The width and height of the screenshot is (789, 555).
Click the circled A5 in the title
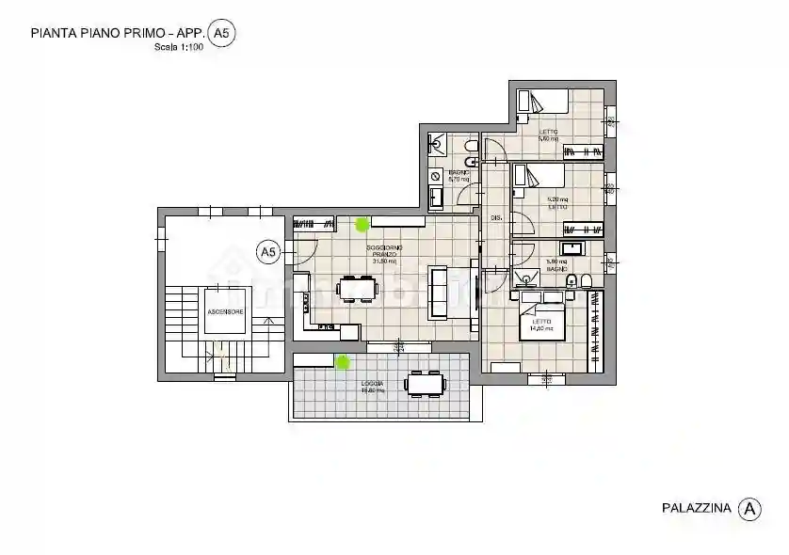(220, 34)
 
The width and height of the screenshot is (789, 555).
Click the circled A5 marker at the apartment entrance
(268, 251)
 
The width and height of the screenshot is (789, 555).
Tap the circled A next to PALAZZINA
(749, 509)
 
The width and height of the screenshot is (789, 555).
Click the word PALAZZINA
(696, 509)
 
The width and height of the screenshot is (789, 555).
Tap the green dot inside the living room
(362, 224)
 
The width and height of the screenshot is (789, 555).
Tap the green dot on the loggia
(343, 361)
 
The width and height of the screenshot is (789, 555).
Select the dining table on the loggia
(425, 384)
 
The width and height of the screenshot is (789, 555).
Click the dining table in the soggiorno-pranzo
(358, 287)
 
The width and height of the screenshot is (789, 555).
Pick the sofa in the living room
(439, 291)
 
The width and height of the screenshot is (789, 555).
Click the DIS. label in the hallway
(496, 217)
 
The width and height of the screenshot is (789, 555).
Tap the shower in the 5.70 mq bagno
(438, 143)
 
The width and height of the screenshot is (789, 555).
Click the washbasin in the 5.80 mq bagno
(573, 249)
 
